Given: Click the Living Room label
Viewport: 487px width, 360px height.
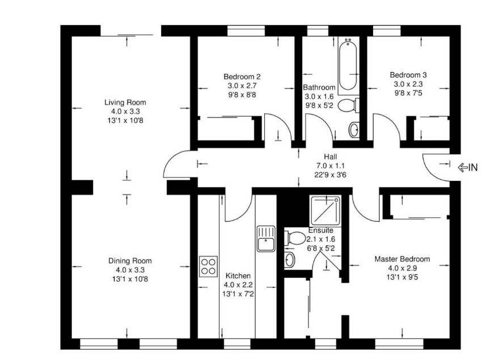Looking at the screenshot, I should (x=125, y=103).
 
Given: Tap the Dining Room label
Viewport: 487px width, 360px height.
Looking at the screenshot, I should (x=130, y=261).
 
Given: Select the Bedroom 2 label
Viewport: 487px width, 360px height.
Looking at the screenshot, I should (x=242, y=77).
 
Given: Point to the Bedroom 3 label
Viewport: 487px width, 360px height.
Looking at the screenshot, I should (x=408, y=75).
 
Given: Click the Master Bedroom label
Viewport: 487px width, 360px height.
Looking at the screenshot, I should (x=402, y=259).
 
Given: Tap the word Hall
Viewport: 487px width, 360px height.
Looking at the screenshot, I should (x=331, y=156).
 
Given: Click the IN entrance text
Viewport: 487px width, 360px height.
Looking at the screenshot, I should (x=472, y=167).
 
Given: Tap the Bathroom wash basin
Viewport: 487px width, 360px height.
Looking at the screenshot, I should (x=354, y=129).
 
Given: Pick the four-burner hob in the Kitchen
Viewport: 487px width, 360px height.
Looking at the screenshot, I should (x=208, y=266).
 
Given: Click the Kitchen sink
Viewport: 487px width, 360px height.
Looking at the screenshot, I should (x=265, y=239).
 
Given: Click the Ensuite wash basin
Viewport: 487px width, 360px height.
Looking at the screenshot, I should (x=289, y=260).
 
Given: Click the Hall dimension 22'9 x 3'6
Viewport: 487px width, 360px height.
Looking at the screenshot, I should (x=331, y=175).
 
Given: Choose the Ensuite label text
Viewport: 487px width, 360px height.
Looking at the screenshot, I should (x=321, y=231).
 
